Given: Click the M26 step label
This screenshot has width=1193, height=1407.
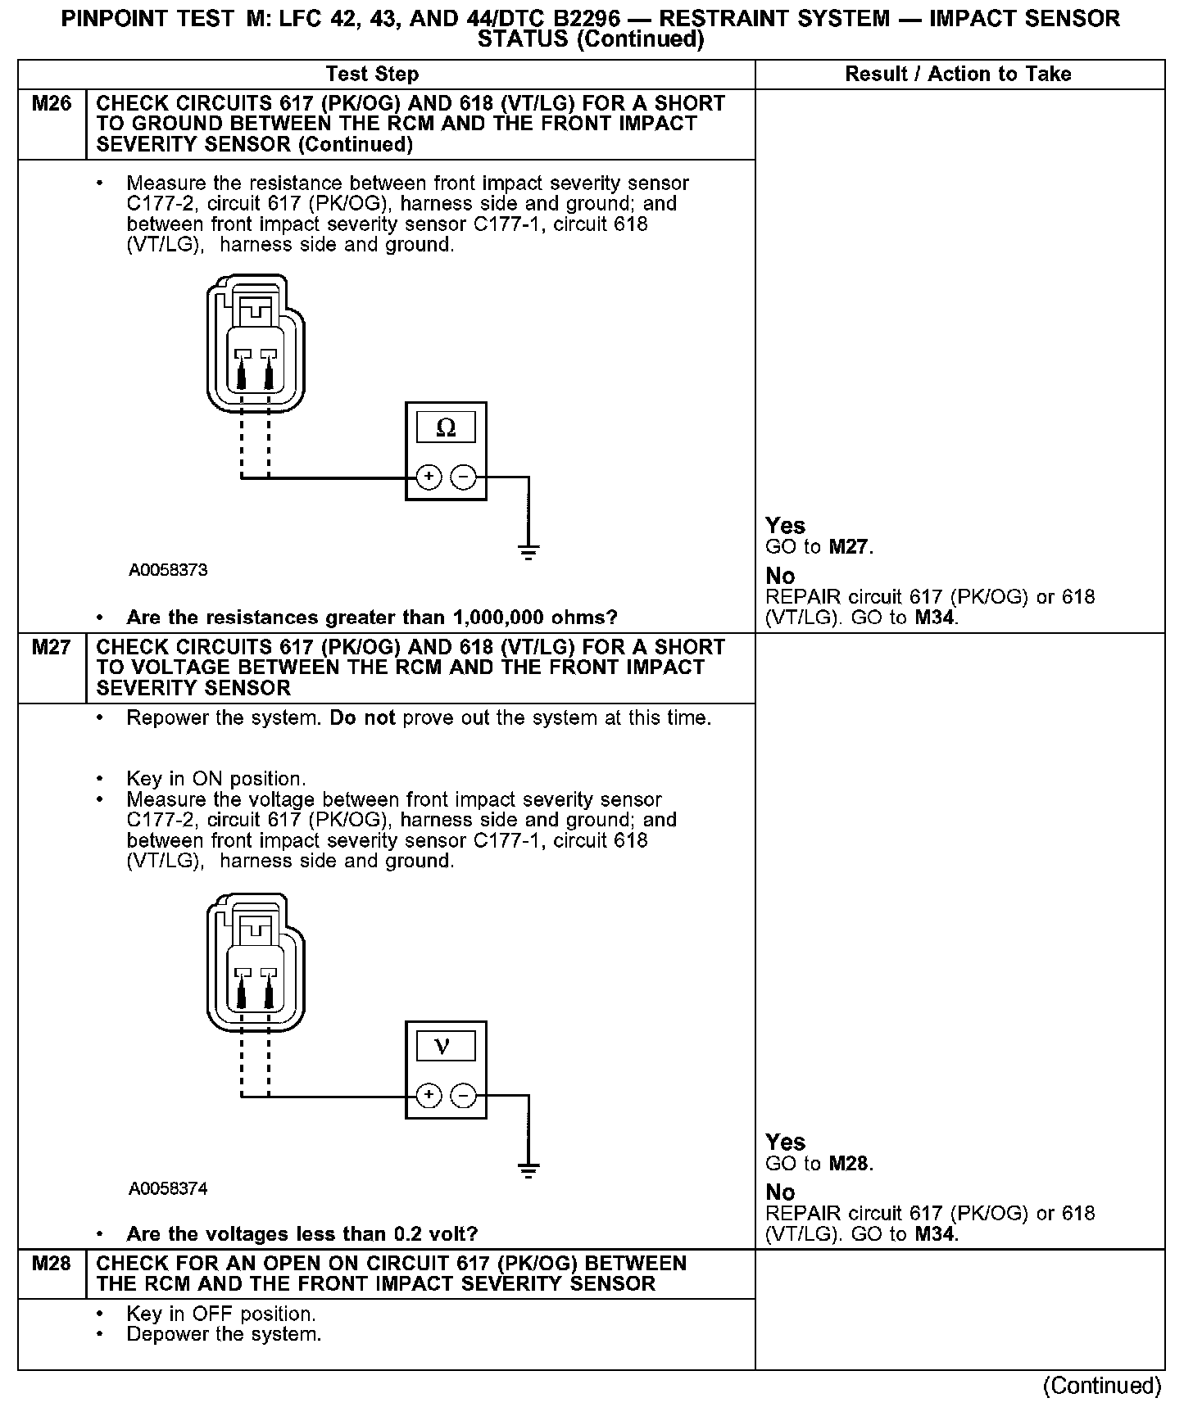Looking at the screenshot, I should coord(51,104).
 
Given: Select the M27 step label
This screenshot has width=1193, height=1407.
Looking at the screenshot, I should coord(51,648).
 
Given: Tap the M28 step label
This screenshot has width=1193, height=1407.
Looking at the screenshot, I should coord(51,1264).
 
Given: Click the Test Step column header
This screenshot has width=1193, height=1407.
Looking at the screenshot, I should coord(372,75).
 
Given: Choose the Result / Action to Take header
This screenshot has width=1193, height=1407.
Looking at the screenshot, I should coord(958,75).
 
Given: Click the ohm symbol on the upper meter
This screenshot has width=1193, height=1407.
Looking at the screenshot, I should coord(446,428).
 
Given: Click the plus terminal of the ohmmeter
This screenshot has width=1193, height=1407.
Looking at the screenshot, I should coord(429,477).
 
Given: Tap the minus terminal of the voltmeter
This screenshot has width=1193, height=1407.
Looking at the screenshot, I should coord(464,1096).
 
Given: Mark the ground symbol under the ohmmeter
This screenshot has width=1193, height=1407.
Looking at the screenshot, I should coord(529,550).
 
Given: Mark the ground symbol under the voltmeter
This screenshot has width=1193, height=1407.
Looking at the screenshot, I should coord(529,1169).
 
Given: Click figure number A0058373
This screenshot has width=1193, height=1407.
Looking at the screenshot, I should coord(168,571).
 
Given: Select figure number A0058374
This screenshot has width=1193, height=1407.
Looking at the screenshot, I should coord(168,1188).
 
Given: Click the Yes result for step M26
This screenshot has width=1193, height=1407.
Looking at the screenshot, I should coord(785,526).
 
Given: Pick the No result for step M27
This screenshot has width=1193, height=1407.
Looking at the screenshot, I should coord(780,1192).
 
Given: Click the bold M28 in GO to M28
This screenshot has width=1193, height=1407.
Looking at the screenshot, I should coord(848,1164).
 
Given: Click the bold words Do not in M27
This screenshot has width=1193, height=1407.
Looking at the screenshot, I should coord(362,718).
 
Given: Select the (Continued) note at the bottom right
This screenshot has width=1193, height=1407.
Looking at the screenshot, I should coord(1102,1386).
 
